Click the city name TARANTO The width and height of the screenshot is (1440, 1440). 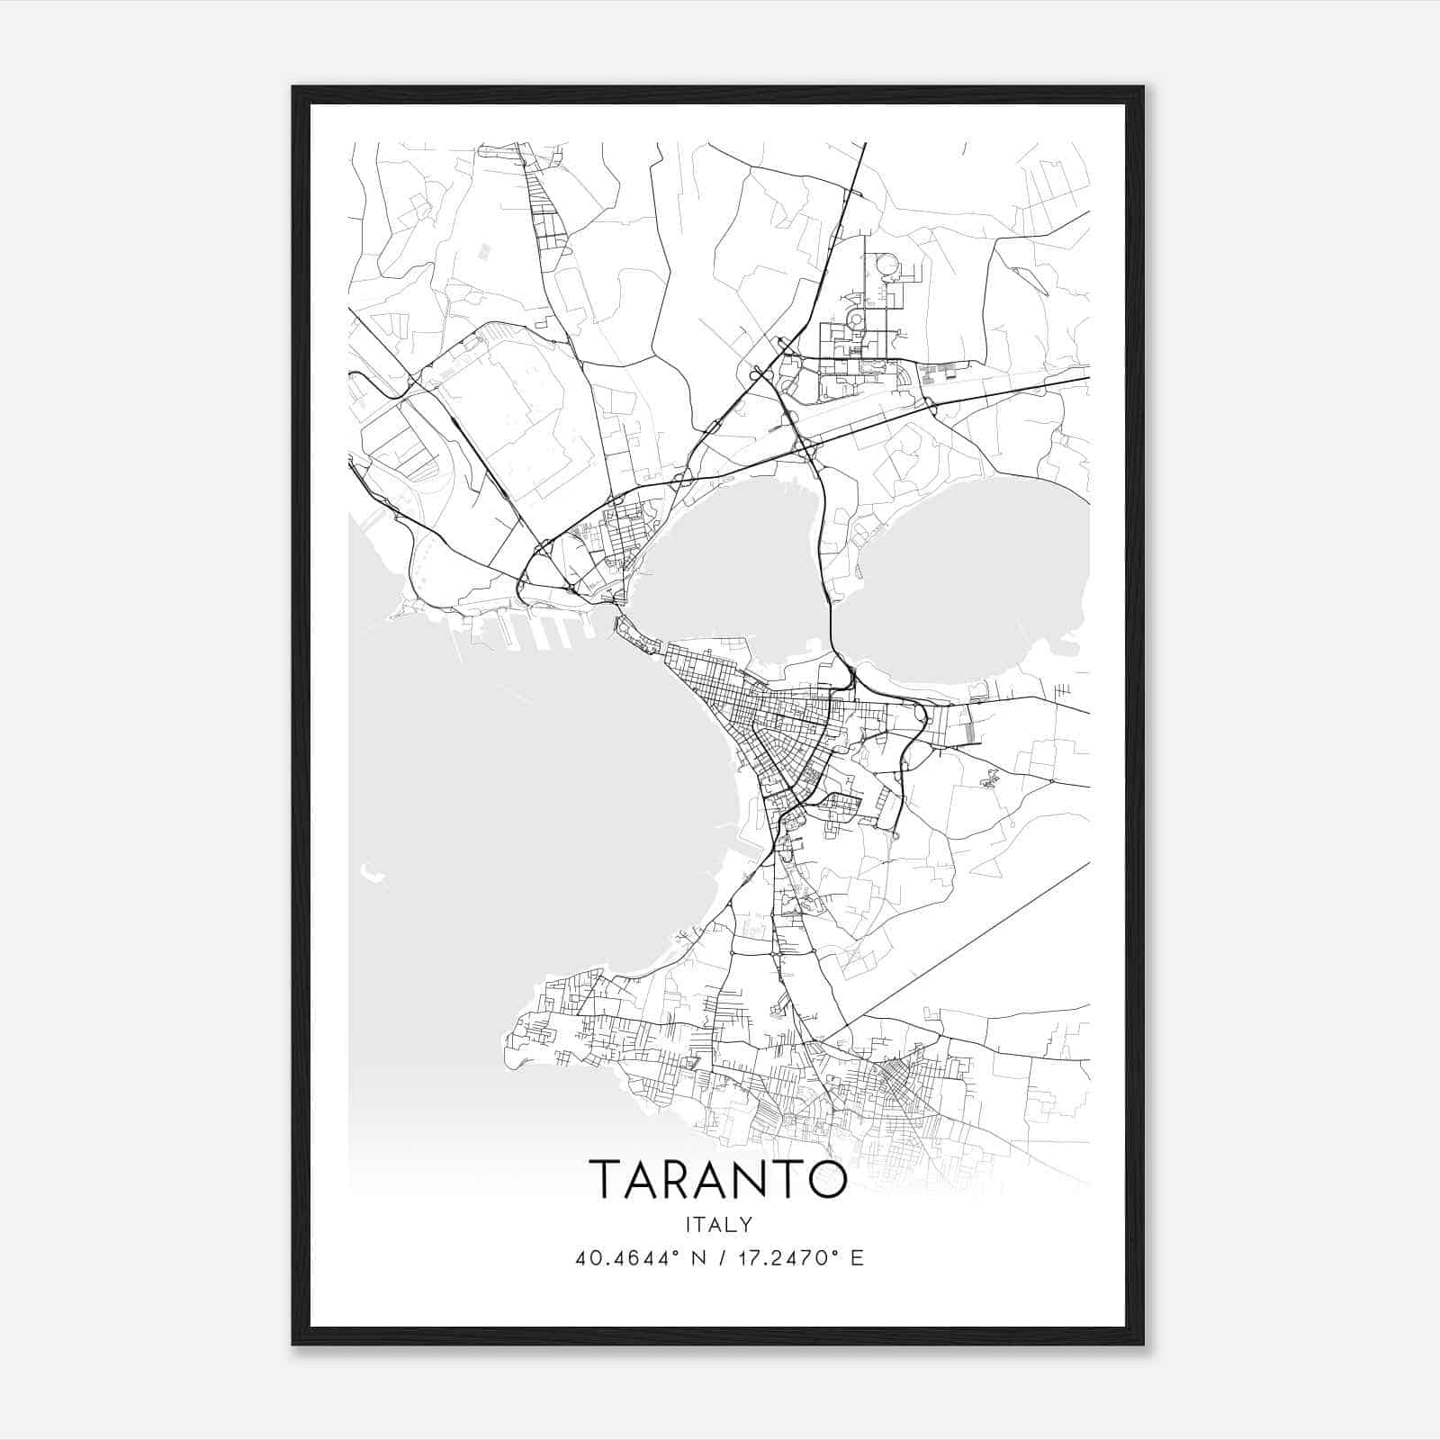click(718, 1179)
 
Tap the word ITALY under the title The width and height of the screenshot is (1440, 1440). click(718, 1224)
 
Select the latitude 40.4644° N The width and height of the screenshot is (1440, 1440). click(641, 1258)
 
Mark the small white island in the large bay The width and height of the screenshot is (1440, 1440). click(368, 870)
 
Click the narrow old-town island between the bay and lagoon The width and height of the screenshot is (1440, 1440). click(641, 636)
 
